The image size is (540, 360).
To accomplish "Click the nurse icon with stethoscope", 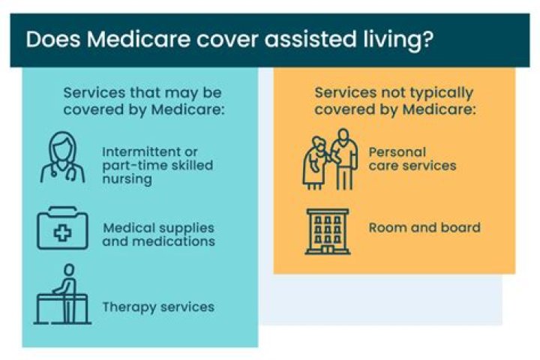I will tap(62, 158).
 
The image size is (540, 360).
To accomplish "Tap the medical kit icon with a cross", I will tap(62, 230).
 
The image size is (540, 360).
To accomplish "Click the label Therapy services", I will tap(158, 307).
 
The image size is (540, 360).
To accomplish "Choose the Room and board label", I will tap(424, 227).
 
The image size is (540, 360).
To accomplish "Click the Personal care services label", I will tap(412, 158).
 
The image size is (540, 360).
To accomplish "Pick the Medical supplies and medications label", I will tap(159, 234).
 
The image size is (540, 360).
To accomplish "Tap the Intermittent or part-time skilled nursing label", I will tap(157, 165).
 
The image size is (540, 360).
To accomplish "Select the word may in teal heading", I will tap(182, 93).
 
